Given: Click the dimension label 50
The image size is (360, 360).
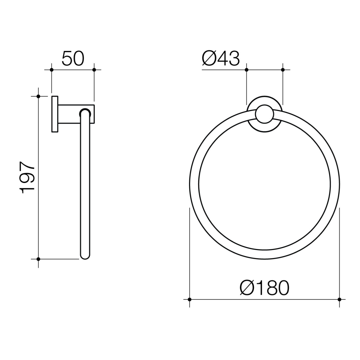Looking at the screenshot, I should coord(73,59).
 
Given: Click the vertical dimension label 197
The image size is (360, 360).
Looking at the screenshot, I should coord(28,178).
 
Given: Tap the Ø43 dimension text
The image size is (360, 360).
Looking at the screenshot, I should coord(221,59).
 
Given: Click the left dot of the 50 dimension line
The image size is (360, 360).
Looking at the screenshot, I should coord(51,70).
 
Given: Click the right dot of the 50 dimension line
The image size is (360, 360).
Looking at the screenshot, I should coord(94,70).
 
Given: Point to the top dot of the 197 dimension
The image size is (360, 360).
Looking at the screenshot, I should coord(38,96).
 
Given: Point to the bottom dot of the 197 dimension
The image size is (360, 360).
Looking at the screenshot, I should coord(38,259).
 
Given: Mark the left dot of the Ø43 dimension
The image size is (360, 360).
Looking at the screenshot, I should coord(247,70).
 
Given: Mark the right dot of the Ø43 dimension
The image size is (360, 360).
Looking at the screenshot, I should coord(283,70).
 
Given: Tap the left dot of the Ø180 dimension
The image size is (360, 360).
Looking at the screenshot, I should coord(190,299).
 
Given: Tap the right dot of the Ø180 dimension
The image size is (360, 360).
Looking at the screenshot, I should coord(339,299).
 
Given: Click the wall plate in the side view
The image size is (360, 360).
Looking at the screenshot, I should coord(55,114).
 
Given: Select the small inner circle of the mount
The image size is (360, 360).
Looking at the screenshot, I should coord(264,114).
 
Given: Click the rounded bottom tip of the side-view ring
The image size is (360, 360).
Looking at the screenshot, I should coord(85,256).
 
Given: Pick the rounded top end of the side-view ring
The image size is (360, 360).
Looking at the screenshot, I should coord(85,112).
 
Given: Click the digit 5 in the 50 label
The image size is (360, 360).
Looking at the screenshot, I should coord(67,59).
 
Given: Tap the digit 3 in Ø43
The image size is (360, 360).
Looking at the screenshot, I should coord(233,59).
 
